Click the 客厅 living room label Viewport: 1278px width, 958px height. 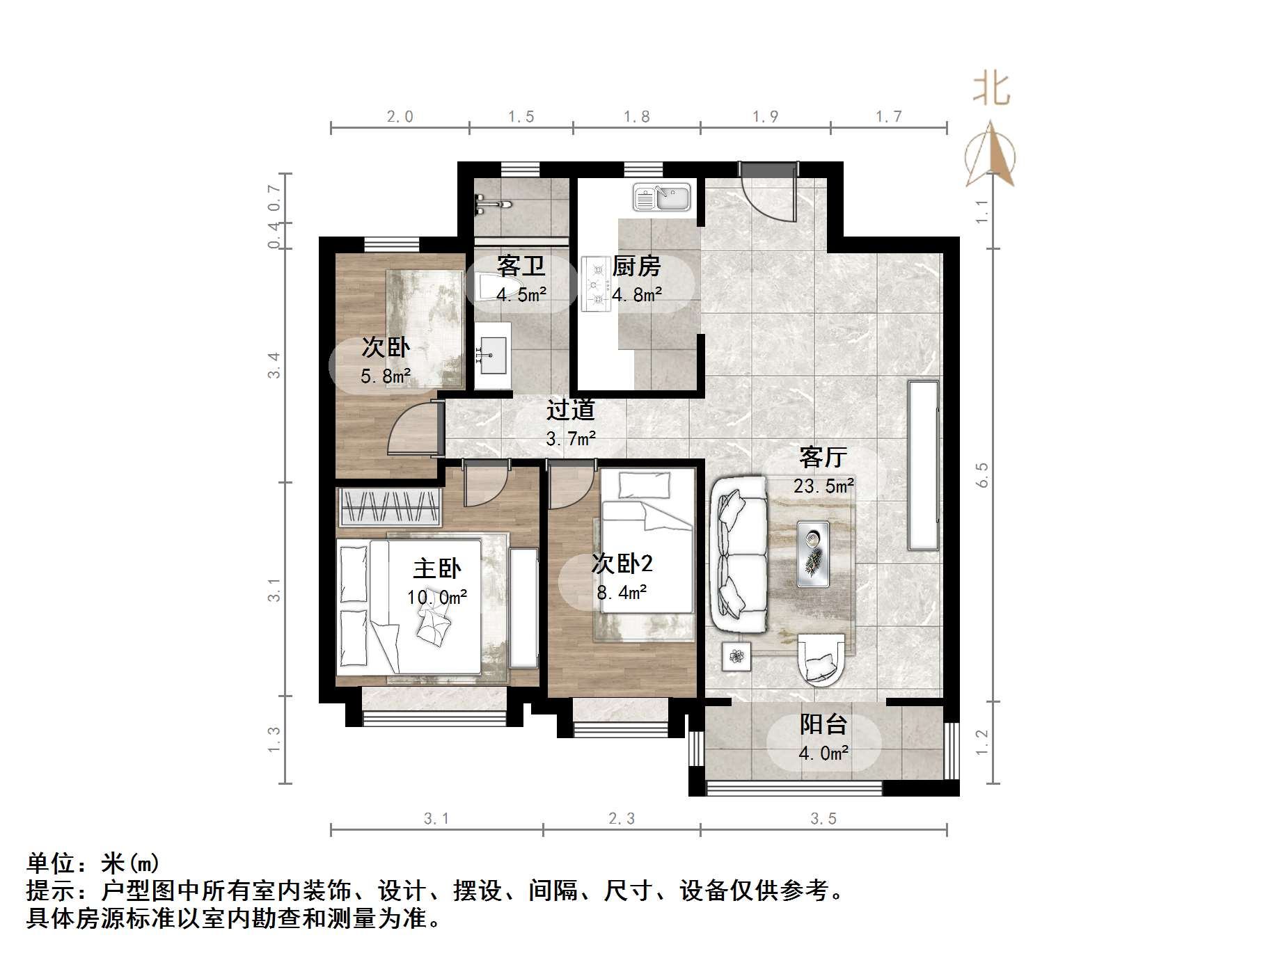click(823, 457)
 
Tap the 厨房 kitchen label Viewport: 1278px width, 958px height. click(636, 266)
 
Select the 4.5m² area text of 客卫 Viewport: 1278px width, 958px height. click(521, 295)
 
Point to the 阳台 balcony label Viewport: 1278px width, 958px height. click(823, 724)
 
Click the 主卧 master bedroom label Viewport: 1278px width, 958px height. click(436, 568)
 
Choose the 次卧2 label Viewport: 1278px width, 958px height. click(622, 563)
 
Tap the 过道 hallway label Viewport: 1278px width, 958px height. click(570, 410)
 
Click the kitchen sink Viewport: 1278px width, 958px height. click(661, 197)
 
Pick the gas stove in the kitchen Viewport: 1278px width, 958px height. click(596, 283)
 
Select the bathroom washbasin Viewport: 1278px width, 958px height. click(493, 355)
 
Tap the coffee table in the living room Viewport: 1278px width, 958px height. click(813, 554)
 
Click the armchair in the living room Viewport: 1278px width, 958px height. click(821, 660)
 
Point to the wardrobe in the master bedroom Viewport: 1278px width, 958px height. click(390, 507)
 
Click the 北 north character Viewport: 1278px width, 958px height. click(991, 90)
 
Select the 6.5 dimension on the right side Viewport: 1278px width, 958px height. click(982, 474)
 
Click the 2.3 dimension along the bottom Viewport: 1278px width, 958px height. click(621, 819)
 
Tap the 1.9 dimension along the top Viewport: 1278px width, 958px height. click(765, 116)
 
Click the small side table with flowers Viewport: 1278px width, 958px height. click(736, 655)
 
